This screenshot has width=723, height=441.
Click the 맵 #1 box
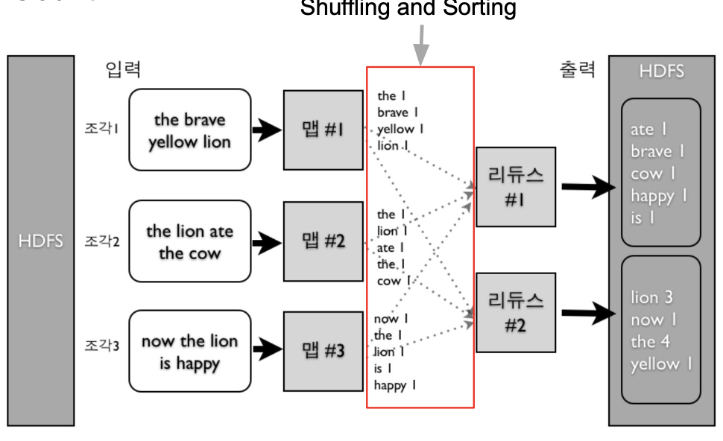pos(323,130)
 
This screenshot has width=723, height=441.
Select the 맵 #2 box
pos(323,241)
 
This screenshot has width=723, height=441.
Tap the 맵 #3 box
pos(323,351)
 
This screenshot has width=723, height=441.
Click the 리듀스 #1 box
pos(515,187)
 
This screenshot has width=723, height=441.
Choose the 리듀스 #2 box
pos(515,313)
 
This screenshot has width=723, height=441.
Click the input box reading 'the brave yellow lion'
pos(189,130)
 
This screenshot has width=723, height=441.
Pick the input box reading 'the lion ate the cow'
pos(189,241)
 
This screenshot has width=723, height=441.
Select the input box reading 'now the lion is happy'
pos(189,352)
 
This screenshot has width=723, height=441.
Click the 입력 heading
pos(123,70)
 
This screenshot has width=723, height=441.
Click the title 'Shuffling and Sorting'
pos(408,9)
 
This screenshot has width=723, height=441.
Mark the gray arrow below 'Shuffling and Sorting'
pos(422,45)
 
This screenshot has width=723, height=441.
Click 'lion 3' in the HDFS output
pos(651,298)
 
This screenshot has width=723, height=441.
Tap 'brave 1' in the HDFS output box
pos(657,152)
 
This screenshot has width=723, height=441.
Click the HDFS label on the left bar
pos(41,241)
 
